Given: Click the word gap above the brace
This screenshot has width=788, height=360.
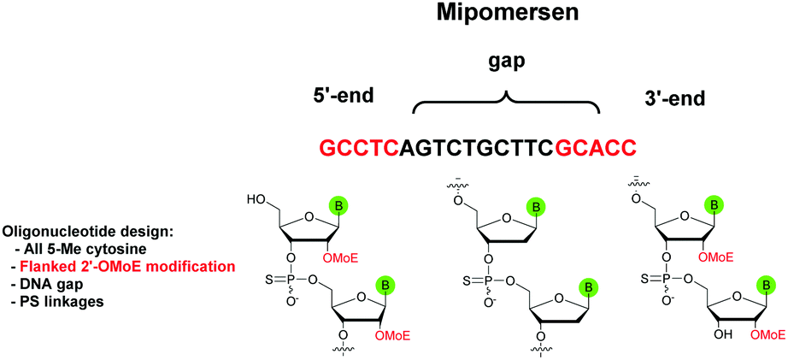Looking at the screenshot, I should point(505,64).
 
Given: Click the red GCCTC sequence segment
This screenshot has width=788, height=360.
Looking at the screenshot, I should point(359,148).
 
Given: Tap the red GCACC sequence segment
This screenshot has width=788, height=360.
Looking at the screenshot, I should point(597,148).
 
